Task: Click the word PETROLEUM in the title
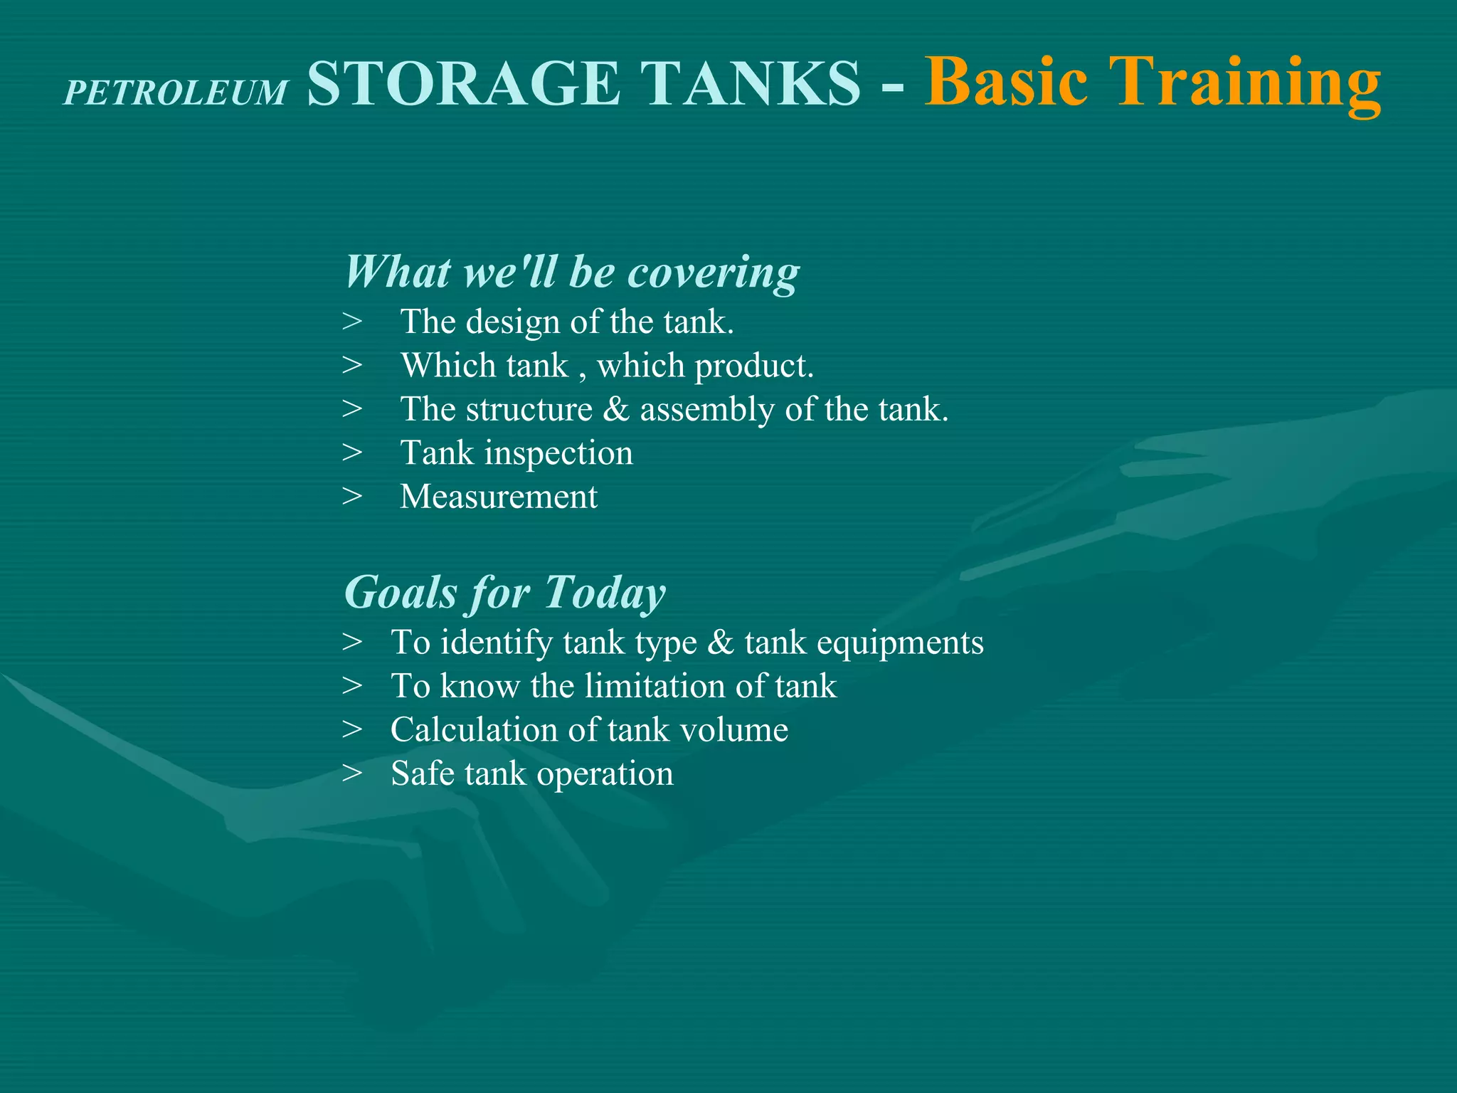(176, 93)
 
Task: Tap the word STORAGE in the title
(464, 84)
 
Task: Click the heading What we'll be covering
(572, 273)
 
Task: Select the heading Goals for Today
(504, 593)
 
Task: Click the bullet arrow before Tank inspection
(352, 453)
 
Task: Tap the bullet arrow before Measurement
(352, 497)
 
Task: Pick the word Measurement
(499, 497)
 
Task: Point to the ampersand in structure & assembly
(616, 410)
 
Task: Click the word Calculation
(473, 730)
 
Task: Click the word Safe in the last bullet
(423, 773)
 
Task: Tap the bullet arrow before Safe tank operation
(352, 773)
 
